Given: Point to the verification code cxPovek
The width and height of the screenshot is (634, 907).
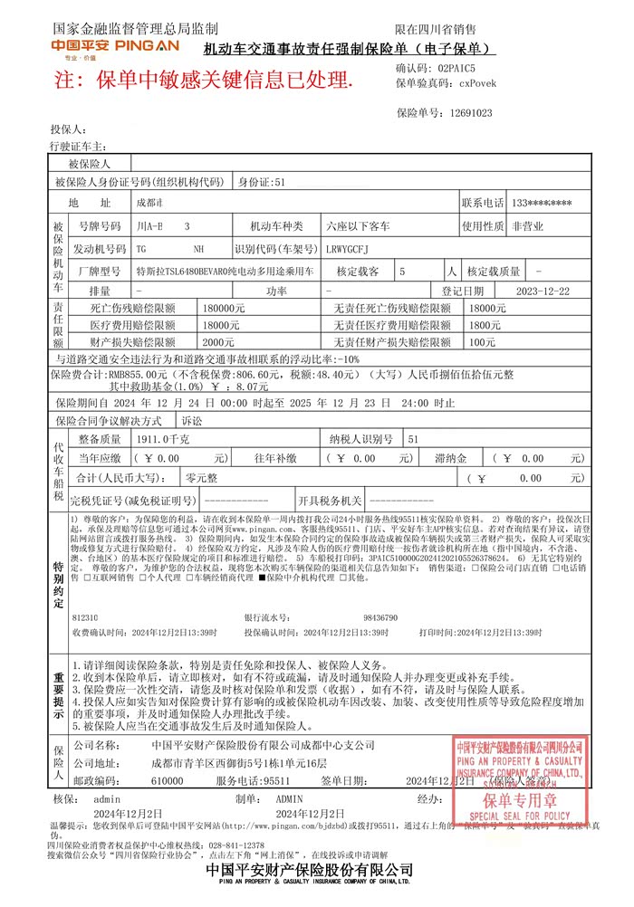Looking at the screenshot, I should point(477,82).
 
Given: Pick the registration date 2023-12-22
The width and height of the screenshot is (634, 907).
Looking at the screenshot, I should point(543,291).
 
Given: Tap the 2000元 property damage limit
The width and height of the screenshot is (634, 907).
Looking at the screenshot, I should point(217,342).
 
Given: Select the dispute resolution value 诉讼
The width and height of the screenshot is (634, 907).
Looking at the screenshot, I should point(192,421).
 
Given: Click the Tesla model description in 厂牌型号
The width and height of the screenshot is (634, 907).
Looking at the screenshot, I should point(225,271).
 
